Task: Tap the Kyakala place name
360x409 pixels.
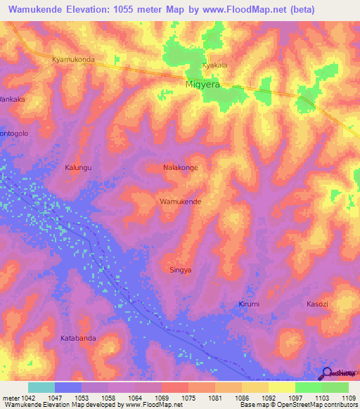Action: click(214, 65)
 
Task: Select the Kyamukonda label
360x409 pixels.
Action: click(73, 60)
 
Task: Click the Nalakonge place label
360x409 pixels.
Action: click(180, 168)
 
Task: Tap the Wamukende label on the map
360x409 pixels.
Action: click(181, 202)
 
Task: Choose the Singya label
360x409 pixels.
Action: click(181, 270)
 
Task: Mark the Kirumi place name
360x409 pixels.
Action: click(248, 304)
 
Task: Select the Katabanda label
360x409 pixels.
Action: click(78, 338)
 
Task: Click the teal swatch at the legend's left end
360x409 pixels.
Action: click(41, 387)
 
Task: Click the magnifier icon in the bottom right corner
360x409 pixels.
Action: click(328, 375)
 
